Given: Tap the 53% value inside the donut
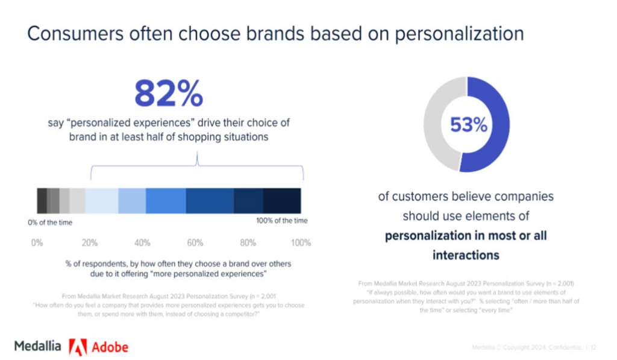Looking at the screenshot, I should click(x=468, y=125).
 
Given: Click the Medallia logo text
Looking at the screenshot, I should click(x=37, y=347).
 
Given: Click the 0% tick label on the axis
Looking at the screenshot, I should click(x=37, y=243).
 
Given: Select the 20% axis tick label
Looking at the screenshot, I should click(x=90, y=243).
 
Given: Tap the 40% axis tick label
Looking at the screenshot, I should click(x=142, y=243).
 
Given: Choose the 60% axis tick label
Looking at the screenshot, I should click(x=195, y=243).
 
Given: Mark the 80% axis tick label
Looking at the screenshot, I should click(x=248, y=243).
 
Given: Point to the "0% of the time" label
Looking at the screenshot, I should click(x=50, y=223).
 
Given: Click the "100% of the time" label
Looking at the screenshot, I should click(x=282, y=221).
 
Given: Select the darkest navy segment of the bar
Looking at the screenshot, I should click(x=281, y=201).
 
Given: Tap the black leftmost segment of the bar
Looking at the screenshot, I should click(x=42, y=201).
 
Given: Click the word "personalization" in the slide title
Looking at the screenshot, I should click(x=459, y=33).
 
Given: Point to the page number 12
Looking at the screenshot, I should click(x=594, y=347).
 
